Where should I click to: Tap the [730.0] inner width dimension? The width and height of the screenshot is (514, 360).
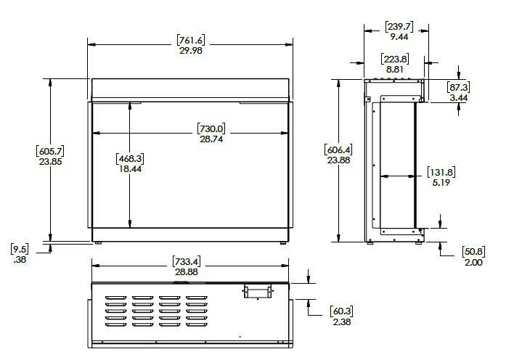[x=212, y=128]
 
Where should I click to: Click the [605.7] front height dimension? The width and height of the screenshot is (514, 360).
[x=50, y=151]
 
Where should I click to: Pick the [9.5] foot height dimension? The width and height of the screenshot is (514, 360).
[x=20, y=248]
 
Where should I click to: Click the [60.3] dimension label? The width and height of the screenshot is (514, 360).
[x=342, y=311]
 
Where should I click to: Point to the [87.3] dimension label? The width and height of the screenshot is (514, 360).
[x=459, y=86]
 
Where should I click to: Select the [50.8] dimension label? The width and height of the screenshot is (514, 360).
[x=473, y=252]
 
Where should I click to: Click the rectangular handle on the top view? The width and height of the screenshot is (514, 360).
[x=258, y=291]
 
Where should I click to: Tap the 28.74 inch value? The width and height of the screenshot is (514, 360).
[x=212, y=139]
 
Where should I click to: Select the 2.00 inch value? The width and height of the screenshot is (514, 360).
[x=473, y=262]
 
